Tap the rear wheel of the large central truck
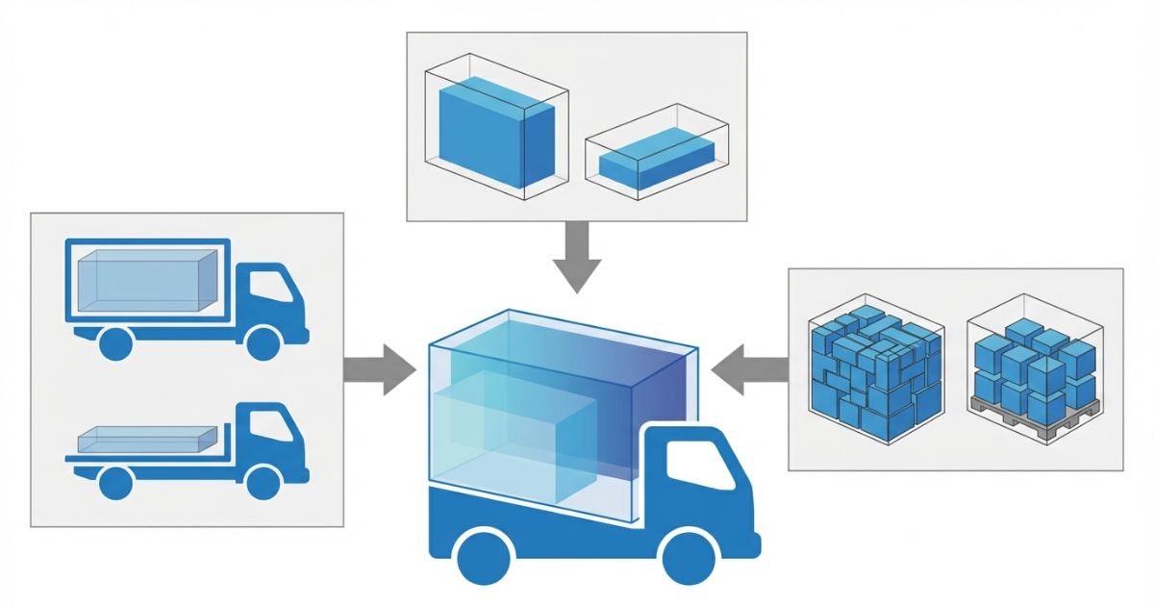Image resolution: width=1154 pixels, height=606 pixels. point(483,556)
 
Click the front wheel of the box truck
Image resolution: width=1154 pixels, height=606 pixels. point(263,343)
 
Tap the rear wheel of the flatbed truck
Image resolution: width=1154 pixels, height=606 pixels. point(114,482)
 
